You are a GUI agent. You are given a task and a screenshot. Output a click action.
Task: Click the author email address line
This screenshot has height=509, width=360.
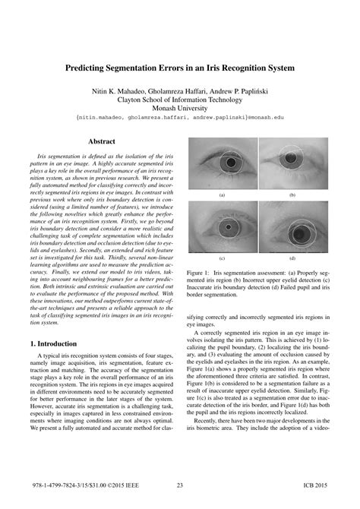click(179, 119)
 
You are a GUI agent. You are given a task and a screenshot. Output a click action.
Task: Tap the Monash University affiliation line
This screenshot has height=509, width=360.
click(179, 108)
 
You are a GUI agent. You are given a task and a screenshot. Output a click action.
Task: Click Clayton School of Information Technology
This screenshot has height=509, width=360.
click(179, 98)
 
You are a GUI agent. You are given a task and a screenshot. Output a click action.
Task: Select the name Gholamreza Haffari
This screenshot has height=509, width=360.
click(180, 88)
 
